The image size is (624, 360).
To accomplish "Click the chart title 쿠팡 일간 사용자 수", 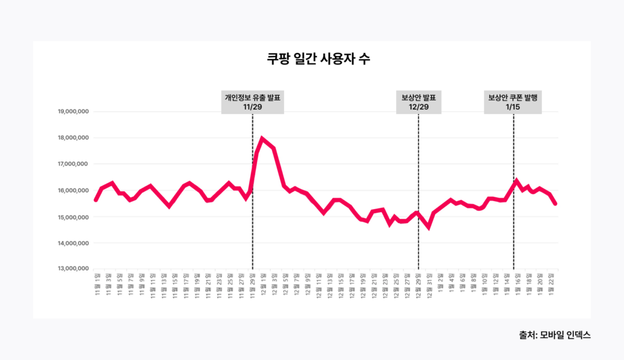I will pos(311,60).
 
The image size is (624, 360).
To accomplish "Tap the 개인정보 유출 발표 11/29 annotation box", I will pos(252,102).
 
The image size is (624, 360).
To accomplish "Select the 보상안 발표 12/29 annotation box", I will pos(419,102).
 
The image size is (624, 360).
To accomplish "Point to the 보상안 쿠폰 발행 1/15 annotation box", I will pos(513,102).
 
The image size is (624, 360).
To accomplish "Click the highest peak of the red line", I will pos(262,138).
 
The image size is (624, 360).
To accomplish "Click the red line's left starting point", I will pos(96,200).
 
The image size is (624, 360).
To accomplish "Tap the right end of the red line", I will pos(555,203).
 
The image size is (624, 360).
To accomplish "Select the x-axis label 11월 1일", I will pos(97,282).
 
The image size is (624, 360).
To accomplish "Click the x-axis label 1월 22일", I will pos(552,281).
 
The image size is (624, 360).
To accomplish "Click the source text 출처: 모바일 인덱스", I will pos(555,335).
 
